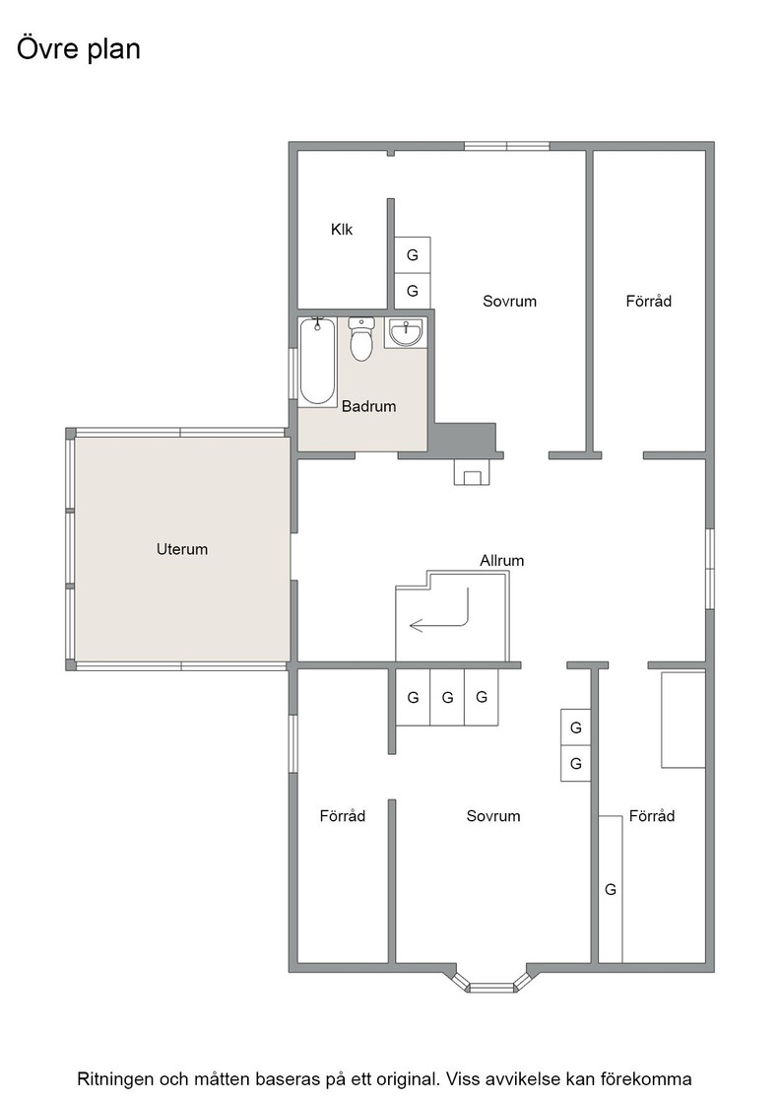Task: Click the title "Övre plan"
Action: pyautogui.click(x=78, y=49)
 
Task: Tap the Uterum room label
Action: pyautogui.click(x=182, y=549)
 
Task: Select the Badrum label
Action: pyautogui.click(x=368, y=406)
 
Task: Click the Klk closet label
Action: pyautogui.click(x=342, y=229)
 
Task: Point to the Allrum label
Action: pyautogui.click(x=501, y=561)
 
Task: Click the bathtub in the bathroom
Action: pyautogui.click(x=317, y=361)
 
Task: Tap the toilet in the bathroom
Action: pyautogui.click(x=360, y=339)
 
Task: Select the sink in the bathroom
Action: pyautogui.click(x=406, y=331)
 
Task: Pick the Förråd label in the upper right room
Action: pyautogui.click(x=648, y=302)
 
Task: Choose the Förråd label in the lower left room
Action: pyautogui.click(x=343, y=816)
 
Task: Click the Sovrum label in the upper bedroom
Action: pyautogui.click(x=509, y=302)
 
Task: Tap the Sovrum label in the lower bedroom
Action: pyautogui.click(x=493, y=816)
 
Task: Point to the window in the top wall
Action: pyautogui.click(x=506, y=147)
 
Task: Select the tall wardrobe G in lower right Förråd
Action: pyautogui.click(x=611, y=889)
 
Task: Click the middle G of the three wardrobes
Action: pyautogui.click(x=447, y=697)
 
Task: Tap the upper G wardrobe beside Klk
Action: pyautogui.click(x=412, y=255)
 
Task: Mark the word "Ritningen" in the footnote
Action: pyautogui.click(x=114, y=1079)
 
